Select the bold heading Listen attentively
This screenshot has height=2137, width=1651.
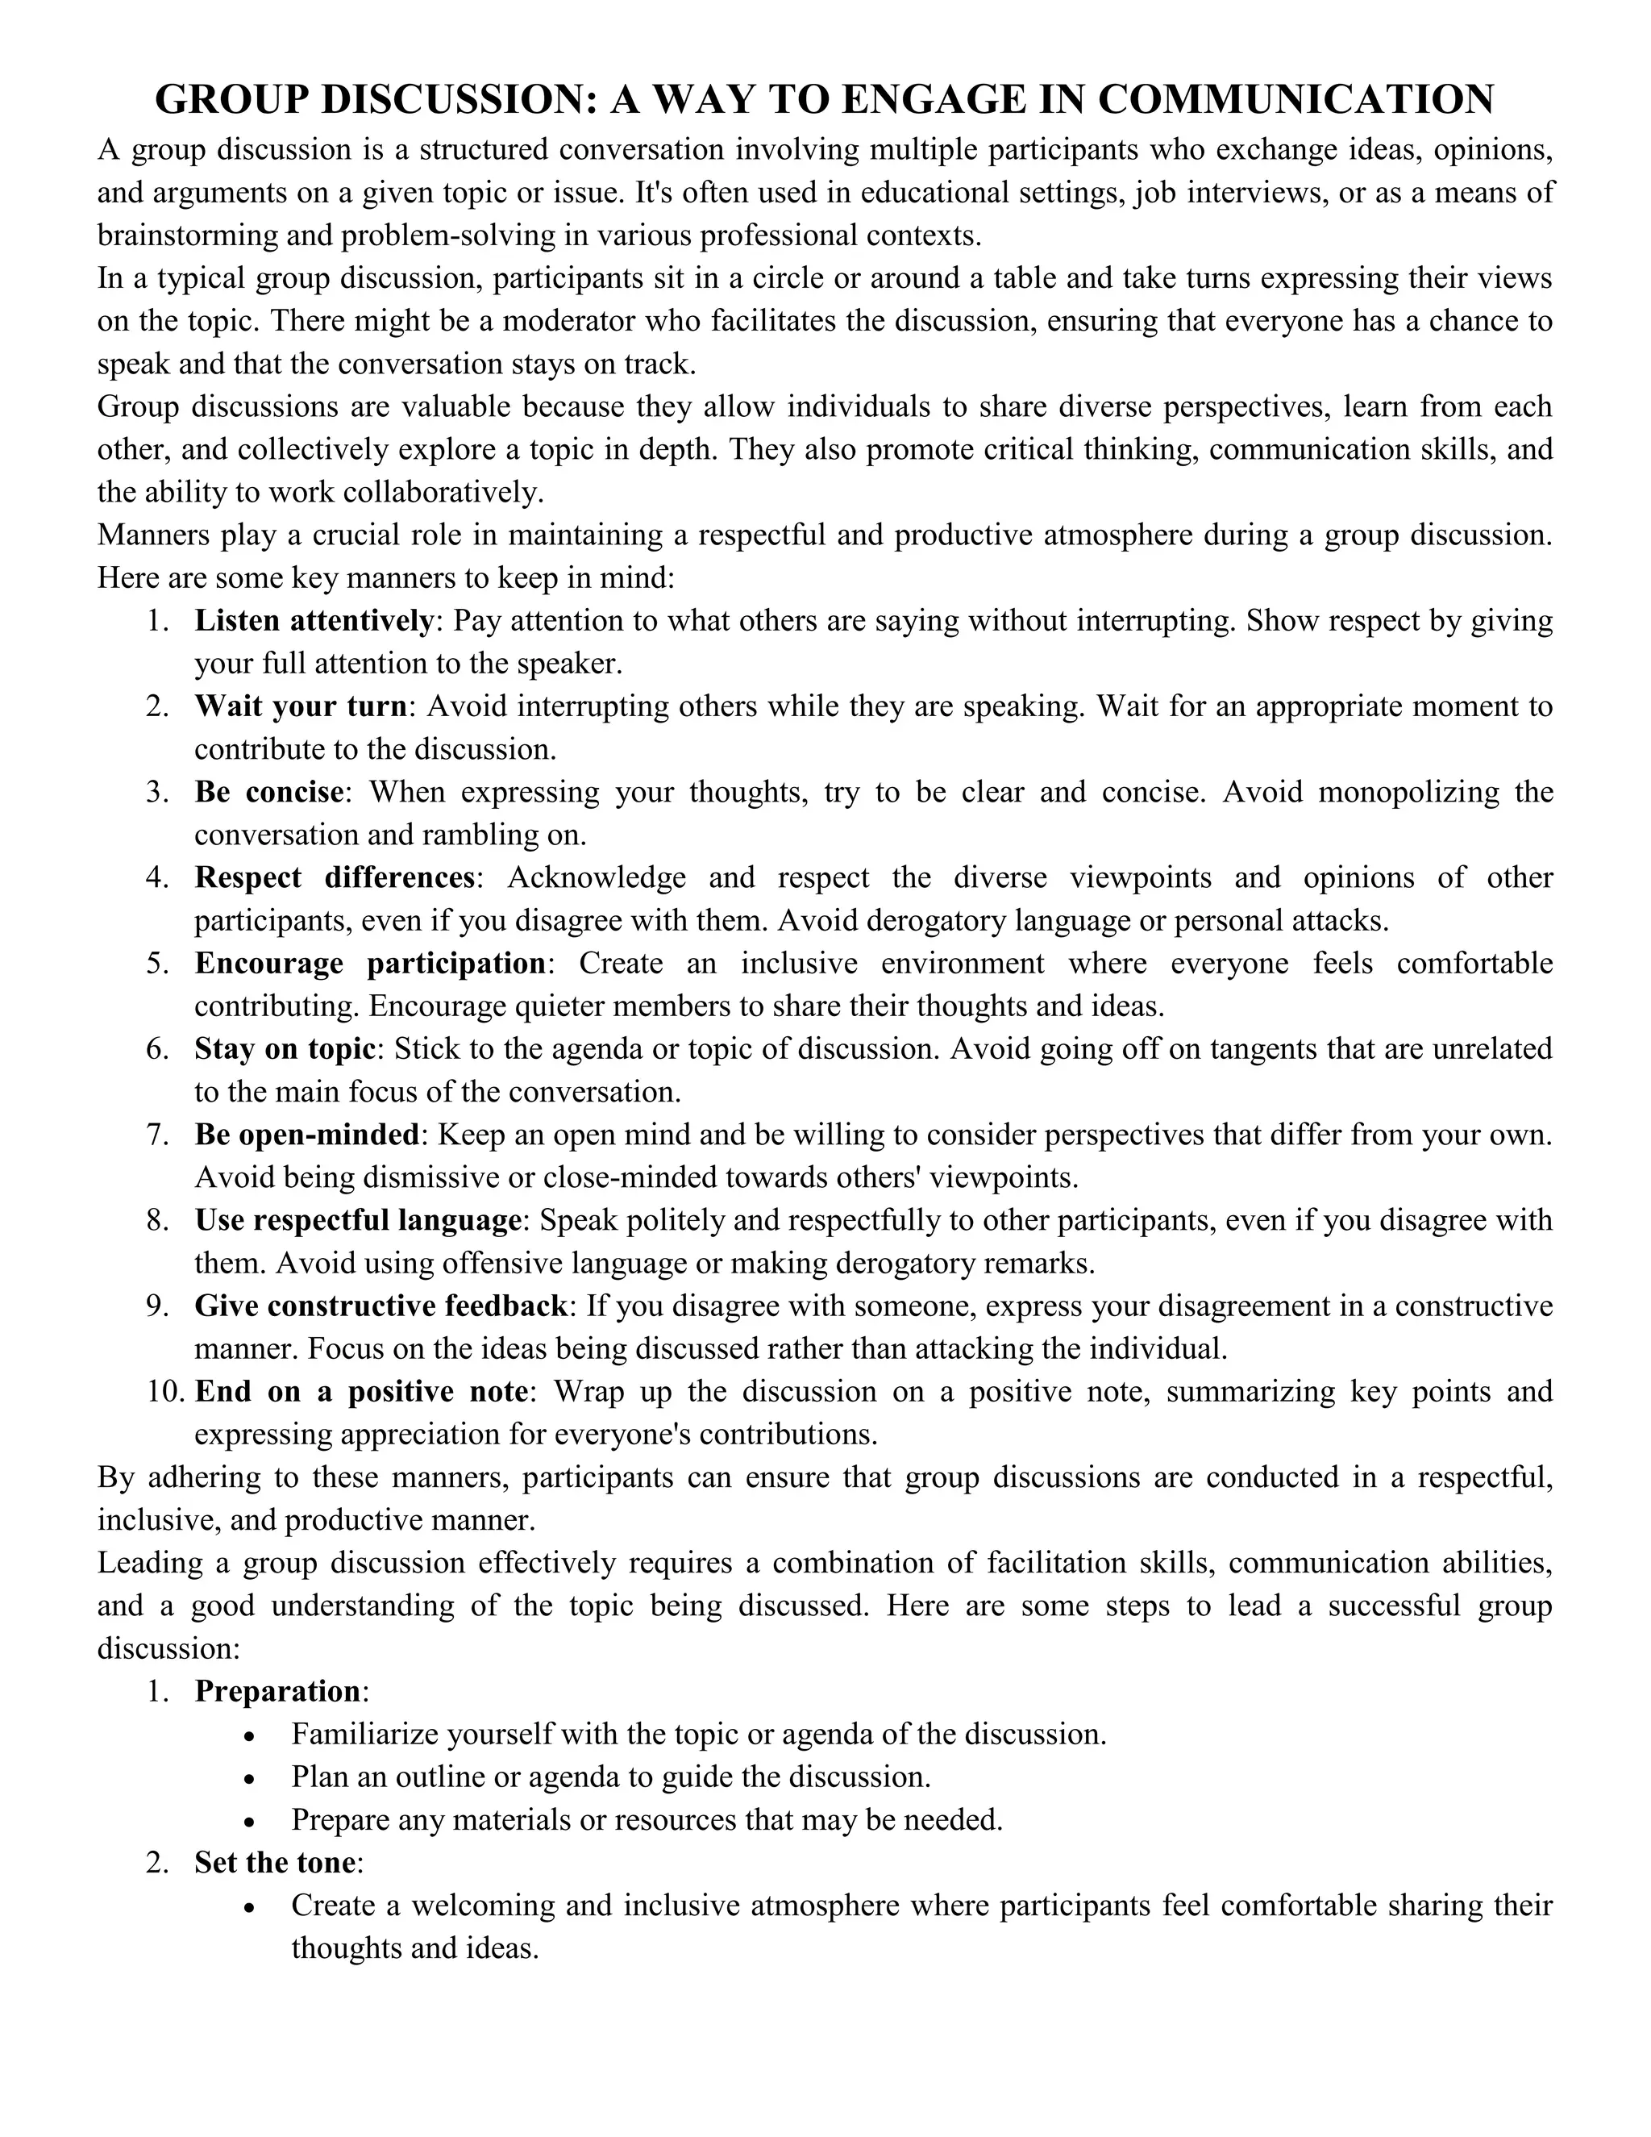314,620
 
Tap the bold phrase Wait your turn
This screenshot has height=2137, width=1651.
300,706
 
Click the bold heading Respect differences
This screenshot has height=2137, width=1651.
335,877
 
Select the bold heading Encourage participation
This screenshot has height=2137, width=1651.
370,963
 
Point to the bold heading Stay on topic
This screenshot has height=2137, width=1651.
285,1048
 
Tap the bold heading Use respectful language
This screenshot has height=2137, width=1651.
357,1220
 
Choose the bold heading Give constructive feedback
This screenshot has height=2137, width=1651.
381,1306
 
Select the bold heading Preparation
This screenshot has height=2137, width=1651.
277,1692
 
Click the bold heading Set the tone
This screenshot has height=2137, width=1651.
274,1863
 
